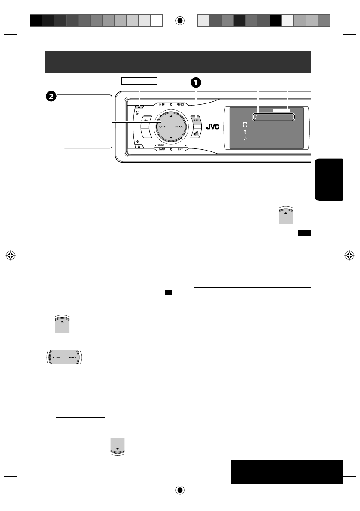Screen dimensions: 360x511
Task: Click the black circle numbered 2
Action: [x=51, y=97]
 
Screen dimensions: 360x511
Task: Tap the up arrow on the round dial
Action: [x=171, y=116]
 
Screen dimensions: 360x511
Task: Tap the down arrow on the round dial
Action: [x=171, y=138]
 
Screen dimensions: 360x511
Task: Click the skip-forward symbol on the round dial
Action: [x=178, y=127]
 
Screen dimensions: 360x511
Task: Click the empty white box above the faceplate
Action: [x=139, y=80]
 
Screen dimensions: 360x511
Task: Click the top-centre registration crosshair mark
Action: [x=180, y=20]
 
